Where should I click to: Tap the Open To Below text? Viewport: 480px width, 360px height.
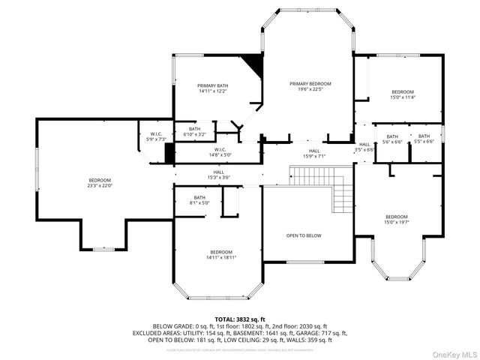(304, 235)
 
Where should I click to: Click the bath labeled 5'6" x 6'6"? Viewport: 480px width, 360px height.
(392, 139)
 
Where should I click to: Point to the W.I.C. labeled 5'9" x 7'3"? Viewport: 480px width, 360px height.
(151, 136)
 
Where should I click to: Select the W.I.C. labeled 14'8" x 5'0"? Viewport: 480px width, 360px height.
(220, 152)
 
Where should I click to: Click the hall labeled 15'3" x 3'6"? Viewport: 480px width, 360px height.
(218, 175)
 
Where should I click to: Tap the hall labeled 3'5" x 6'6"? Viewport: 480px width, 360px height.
(364, 147)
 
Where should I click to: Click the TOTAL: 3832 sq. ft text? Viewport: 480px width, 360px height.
(240, 319)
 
